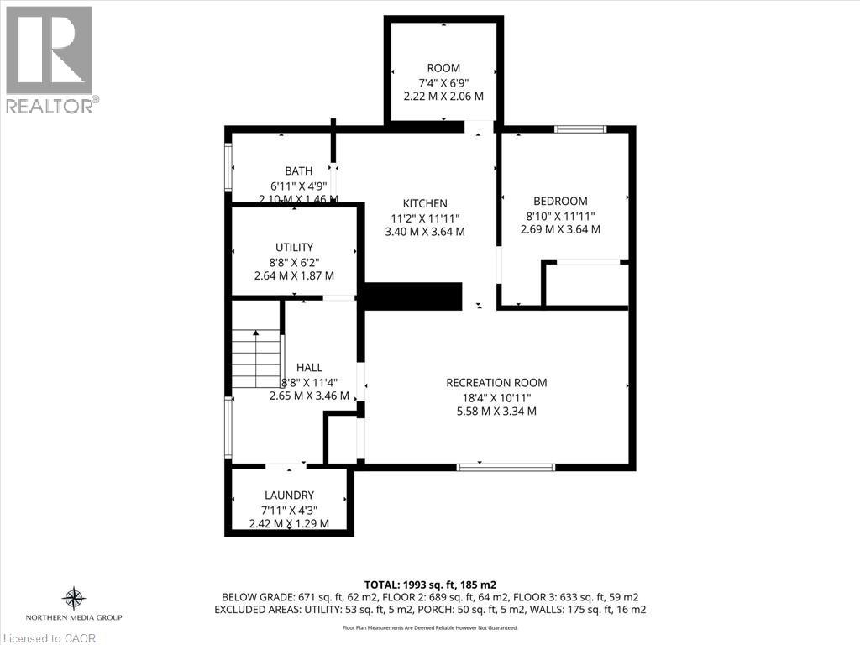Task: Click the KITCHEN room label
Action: coord(425,203)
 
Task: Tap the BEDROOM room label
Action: coord(560,201)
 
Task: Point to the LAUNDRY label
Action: coord(289,496)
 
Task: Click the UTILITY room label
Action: coord(294,247)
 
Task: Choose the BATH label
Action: coord(298,171)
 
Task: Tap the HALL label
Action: coord(309,367)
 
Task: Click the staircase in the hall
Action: coord(256,359)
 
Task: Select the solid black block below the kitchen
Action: coord(413,296)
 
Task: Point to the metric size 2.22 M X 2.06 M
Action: coord(443,96)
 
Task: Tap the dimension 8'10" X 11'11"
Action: coord(560,215)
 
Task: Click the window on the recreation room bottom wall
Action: coord(506,466)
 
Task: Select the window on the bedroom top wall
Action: coord(580,129)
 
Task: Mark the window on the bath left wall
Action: coord(228,167)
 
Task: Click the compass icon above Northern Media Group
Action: coord(74,599)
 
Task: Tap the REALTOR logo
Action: coord(50,59)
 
